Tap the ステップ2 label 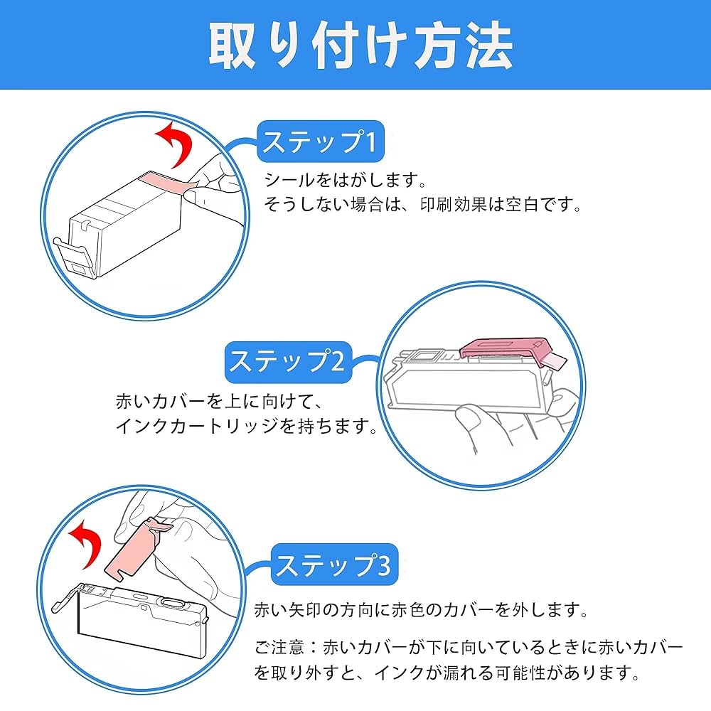coord(287,360)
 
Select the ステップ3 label coord(333,565)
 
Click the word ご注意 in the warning coord(284,647)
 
